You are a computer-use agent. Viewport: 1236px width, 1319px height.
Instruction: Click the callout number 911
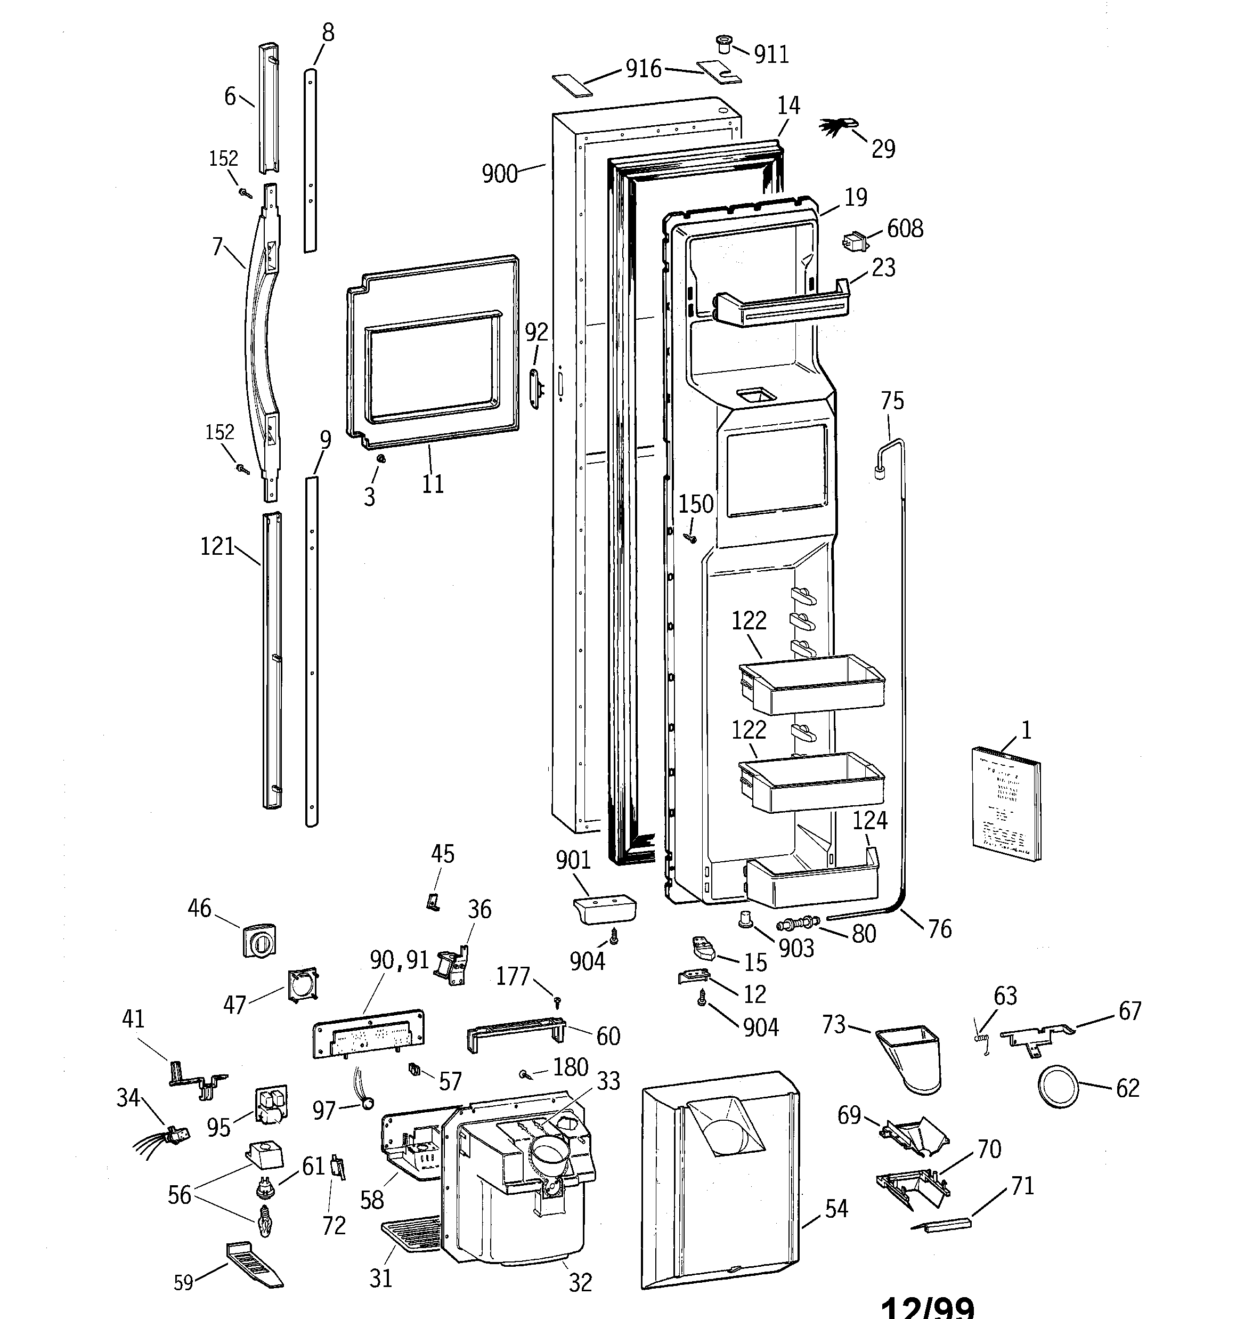(771, 54)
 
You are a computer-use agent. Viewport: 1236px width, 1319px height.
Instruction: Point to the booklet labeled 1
(1006, 803)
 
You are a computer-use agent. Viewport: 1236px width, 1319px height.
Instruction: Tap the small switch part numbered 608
(855, 241)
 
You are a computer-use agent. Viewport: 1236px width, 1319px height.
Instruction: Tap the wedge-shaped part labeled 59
(255, 1264)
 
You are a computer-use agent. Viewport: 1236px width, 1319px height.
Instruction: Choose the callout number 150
(695, 504)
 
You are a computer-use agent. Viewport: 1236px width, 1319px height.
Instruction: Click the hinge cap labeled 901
(603, 909)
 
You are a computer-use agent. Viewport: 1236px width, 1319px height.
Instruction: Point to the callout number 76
(939, 929)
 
